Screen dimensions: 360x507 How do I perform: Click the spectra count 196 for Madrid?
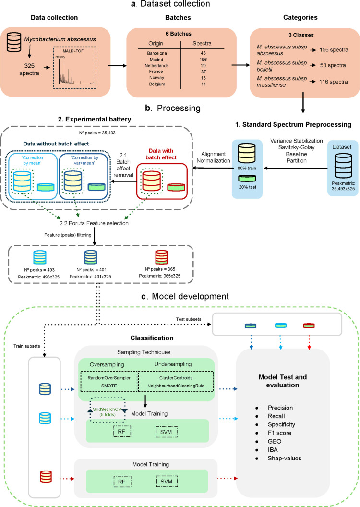[x=203, y=60]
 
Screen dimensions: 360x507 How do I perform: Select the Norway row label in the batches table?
[x=157, y=78]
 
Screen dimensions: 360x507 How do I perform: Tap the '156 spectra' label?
[x=334, y=50]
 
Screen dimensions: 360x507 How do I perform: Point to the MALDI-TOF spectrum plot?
[x=74, y=68]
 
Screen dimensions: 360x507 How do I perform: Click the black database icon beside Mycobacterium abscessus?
[x=14, y=42]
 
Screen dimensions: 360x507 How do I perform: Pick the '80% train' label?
[x=247, y=168]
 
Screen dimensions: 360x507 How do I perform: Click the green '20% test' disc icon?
[x=247, y=178]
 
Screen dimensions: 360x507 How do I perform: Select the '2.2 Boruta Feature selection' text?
[x=94, y=223]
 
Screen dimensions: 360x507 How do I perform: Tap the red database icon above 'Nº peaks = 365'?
[x=162, y=257]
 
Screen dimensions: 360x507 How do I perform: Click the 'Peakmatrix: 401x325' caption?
[x=91, y=277]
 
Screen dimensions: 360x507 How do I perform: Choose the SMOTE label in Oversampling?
[x=109, y=386]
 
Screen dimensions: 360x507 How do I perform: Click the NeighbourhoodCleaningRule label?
[x=176, y=386]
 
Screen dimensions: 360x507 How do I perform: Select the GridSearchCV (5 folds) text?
[x=107, y=412]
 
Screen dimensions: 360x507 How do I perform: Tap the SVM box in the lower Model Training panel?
[x=167, y=482]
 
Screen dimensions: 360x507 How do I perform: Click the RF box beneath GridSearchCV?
[x=122, y=432]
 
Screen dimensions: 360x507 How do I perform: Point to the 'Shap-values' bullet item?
[x=284, y=458]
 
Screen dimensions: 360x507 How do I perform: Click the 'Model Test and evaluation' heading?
[x=282, y=381]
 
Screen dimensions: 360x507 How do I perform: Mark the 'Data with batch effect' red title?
[x=161, y=154]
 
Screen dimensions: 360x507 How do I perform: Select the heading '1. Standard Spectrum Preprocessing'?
[x=293, y=124]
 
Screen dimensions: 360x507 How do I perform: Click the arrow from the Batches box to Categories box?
[x=241, y=65]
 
